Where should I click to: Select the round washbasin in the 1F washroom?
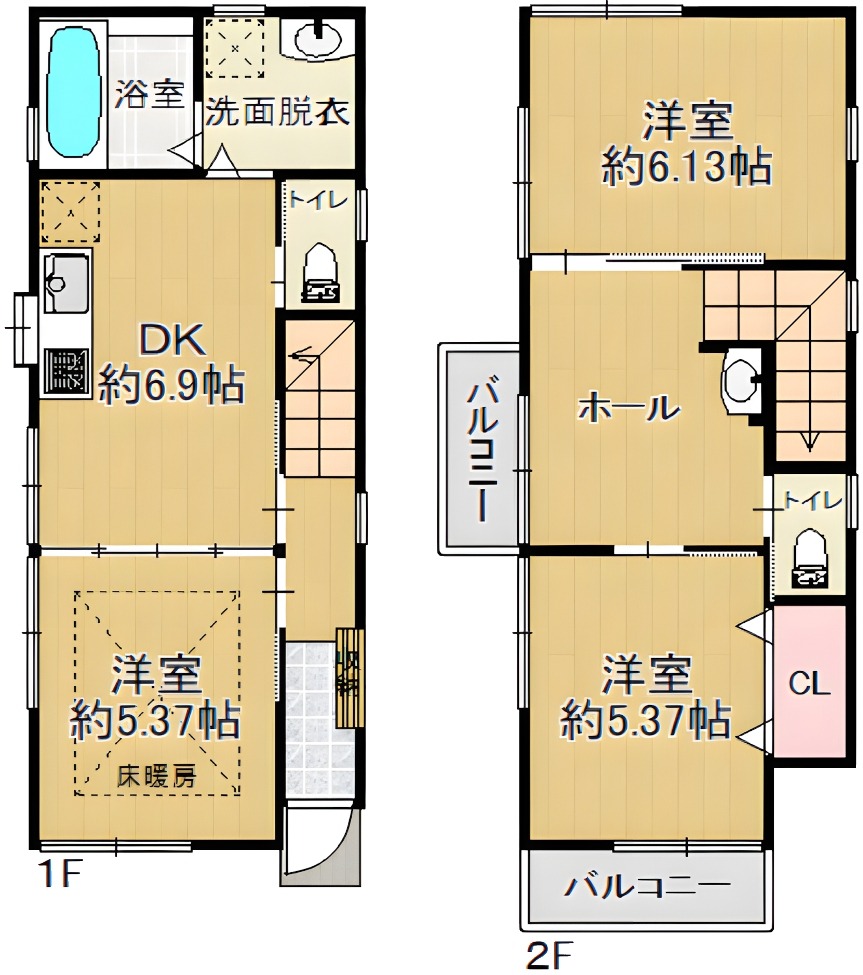[x=319, y=39]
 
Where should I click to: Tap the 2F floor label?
[x=549, y=953]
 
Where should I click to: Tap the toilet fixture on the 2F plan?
[x=810, y=558]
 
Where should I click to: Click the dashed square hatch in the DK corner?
[x=70, y=212]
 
